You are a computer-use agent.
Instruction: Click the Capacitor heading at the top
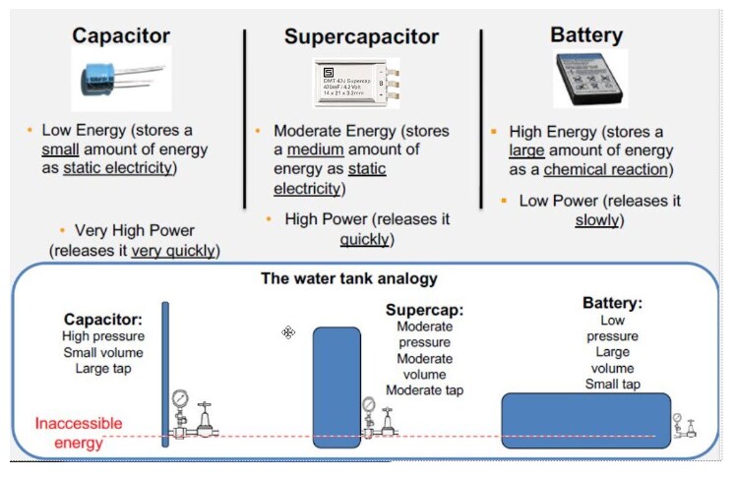click(x=122, y=35)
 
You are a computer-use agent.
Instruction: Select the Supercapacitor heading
click(x=361, y=37)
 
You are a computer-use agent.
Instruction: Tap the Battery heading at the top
click(x=586, y=35)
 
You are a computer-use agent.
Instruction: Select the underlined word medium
click(x=317, y=149)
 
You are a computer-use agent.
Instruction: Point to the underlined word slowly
click(x=597, y=220)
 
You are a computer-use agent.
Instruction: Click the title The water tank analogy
click(x=348, y=278)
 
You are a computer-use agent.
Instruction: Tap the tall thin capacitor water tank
click(x=165, y=374)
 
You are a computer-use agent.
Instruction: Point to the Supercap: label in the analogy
click(x=424, y=310)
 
